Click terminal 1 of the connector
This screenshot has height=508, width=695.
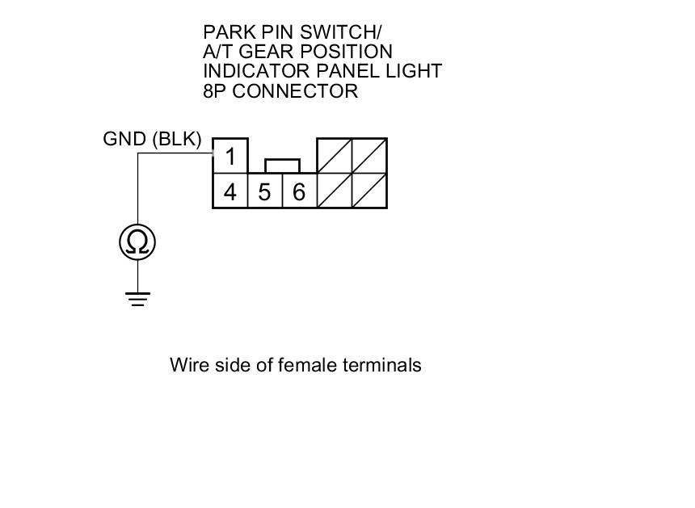click(x=230, y=156)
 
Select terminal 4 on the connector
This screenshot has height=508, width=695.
click(x=230, y=192)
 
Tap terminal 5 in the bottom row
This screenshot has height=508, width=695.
click(x=264, y=192)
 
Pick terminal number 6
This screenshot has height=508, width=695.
click(x=298, y=192)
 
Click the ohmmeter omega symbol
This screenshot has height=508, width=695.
click(x=137, y=242)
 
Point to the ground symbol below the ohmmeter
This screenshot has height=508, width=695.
click(x=137, y=299)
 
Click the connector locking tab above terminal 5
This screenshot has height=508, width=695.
click(x=282, y=166)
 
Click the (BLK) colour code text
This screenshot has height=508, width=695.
click(x=176, y=139)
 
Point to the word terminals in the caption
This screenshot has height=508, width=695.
click(x=381, y=365)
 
